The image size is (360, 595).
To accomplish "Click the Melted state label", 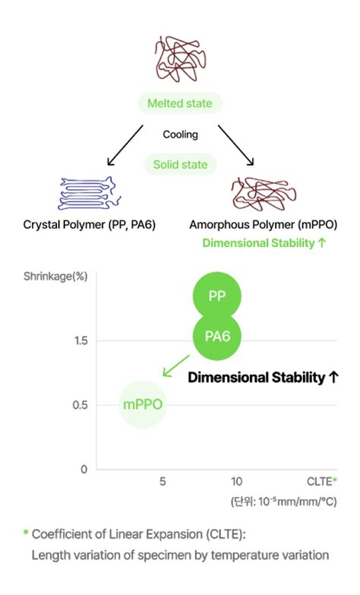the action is [180, 103].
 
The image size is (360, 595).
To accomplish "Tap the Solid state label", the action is [180, 165].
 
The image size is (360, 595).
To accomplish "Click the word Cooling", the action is [180, 135].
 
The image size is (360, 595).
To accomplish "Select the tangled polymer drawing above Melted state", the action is [181, 59].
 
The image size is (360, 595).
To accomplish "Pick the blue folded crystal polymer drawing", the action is [90, 193].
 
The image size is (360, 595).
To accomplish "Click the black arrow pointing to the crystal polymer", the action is [125, 145].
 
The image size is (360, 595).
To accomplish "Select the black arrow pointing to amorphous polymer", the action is [236, 145].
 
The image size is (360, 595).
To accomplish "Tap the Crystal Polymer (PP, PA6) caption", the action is [90, 225].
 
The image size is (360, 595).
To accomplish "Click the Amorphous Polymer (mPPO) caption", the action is [264, 225].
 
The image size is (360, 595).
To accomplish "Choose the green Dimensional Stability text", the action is [264, 243].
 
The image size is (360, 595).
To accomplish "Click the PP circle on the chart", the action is [217, 296].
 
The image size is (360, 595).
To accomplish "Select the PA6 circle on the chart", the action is [217, 336].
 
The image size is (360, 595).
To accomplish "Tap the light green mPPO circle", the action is [143, 404].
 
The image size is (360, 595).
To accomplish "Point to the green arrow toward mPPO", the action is [176, 366].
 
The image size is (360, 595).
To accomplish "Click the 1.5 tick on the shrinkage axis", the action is [81, 340].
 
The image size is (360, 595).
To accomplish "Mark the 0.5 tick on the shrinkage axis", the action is [80, 405].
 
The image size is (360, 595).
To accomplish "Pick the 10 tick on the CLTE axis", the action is [236, 482].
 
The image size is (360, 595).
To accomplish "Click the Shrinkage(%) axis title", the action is [55, 277].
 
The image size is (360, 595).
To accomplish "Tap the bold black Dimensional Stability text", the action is [264, 378].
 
